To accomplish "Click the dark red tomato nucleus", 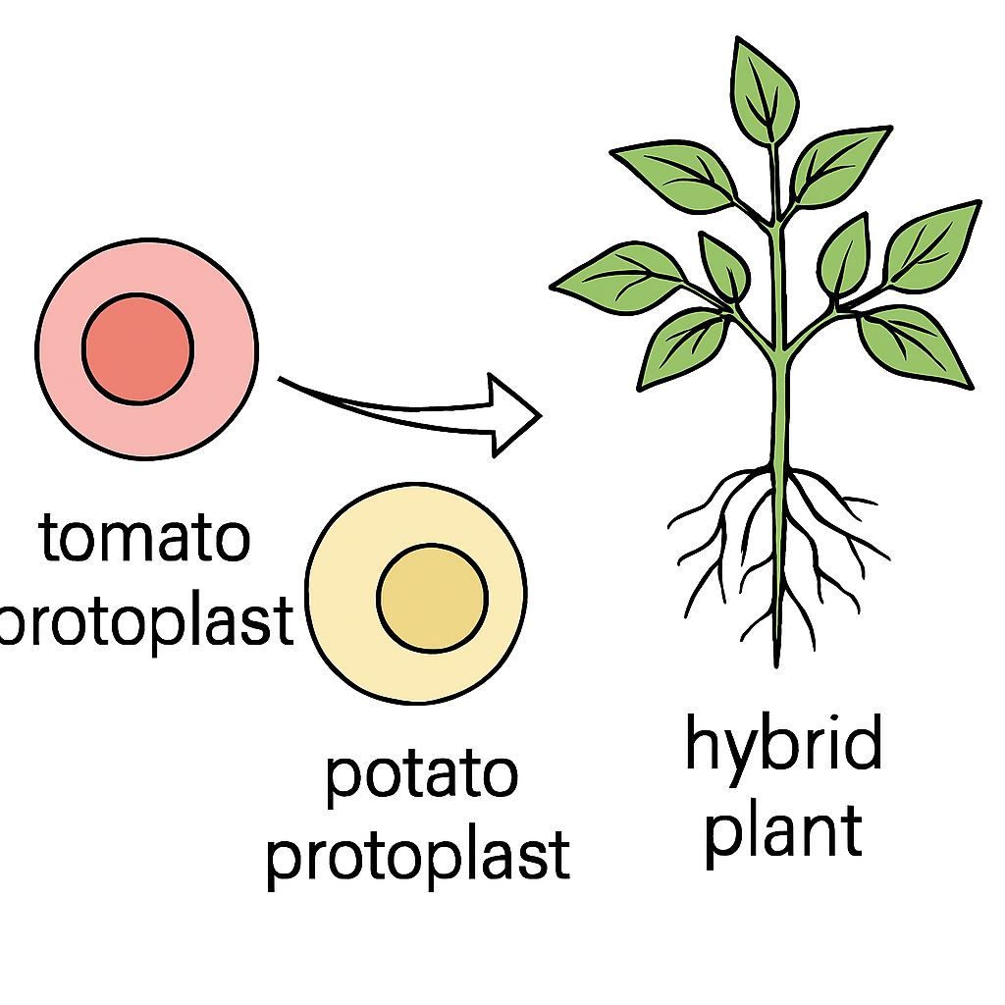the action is (137, 349).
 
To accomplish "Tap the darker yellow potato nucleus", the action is (432, 598).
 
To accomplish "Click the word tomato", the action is (145, 539).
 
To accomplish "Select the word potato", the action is (422, 777).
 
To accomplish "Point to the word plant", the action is (783, 833).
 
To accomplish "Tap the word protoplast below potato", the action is (418, 858).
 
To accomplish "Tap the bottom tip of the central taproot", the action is (777, 666).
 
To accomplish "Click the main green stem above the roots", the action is (779, 410).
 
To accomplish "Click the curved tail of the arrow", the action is (385, 409).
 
